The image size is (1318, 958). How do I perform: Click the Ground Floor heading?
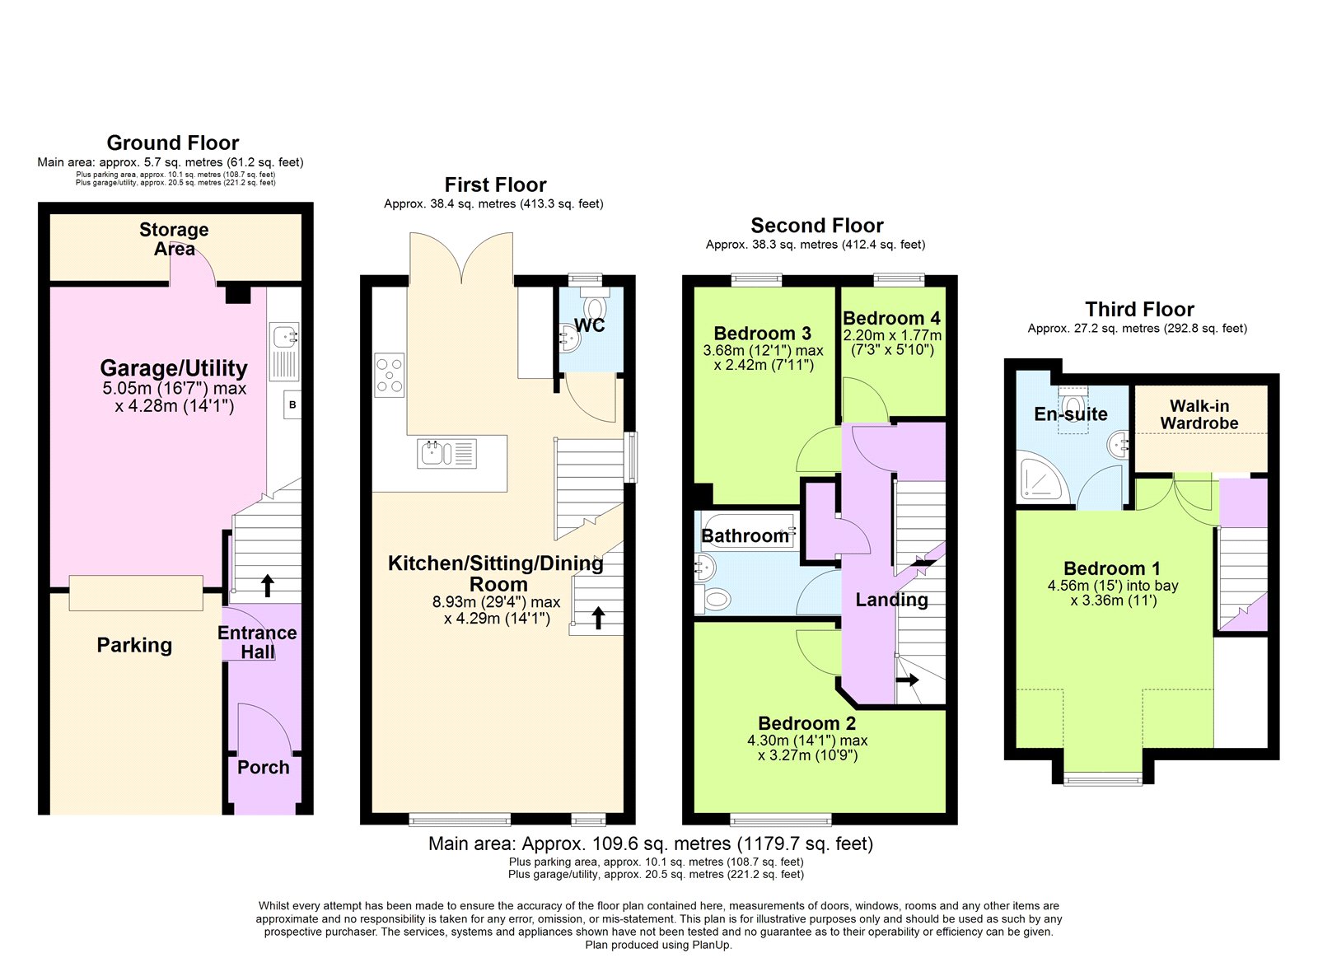click(x=173, y=143)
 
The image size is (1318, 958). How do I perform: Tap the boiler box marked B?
click(x=292, y=404)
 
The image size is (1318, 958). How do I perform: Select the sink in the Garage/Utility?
click(x=284, y=337)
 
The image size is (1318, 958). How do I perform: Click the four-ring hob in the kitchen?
click(x=390, y=375)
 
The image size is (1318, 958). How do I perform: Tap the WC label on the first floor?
click(x=589, y=325)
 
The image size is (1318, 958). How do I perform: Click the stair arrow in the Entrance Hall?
click(x=267, y=586)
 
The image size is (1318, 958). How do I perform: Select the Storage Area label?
click(x=174, y=239)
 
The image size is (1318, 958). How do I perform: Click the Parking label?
click(x=134, y=645)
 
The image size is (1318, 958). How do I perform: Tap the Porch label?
click(x=263, y=768)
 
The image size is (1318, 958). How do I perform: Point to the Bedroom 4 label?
click(x=890, y=319)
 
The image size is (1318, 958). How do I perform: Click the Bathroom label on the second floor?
click(x=745, y=536)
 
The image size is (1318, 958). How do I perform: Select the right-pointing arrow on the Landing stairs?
click(x=908, y=680)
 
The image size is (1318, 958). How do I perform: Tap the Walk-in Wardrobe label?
click(x=1199, y=414)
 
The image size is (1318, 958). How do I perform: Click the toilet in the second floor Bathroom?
click(x=716, y=599)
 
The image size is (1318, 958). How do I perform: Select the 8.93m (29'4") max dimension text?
click(x=496, y=602)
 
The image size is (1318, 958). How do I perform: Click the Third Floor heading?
click(x=1139, y=310)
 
